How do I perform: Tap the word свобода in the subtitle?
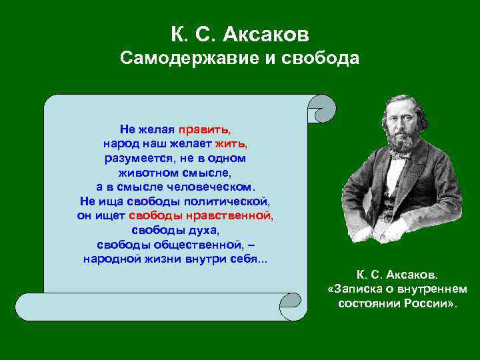click(x=321, y=59)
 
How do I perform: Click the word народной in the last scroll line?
click(x=109, y=259)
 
